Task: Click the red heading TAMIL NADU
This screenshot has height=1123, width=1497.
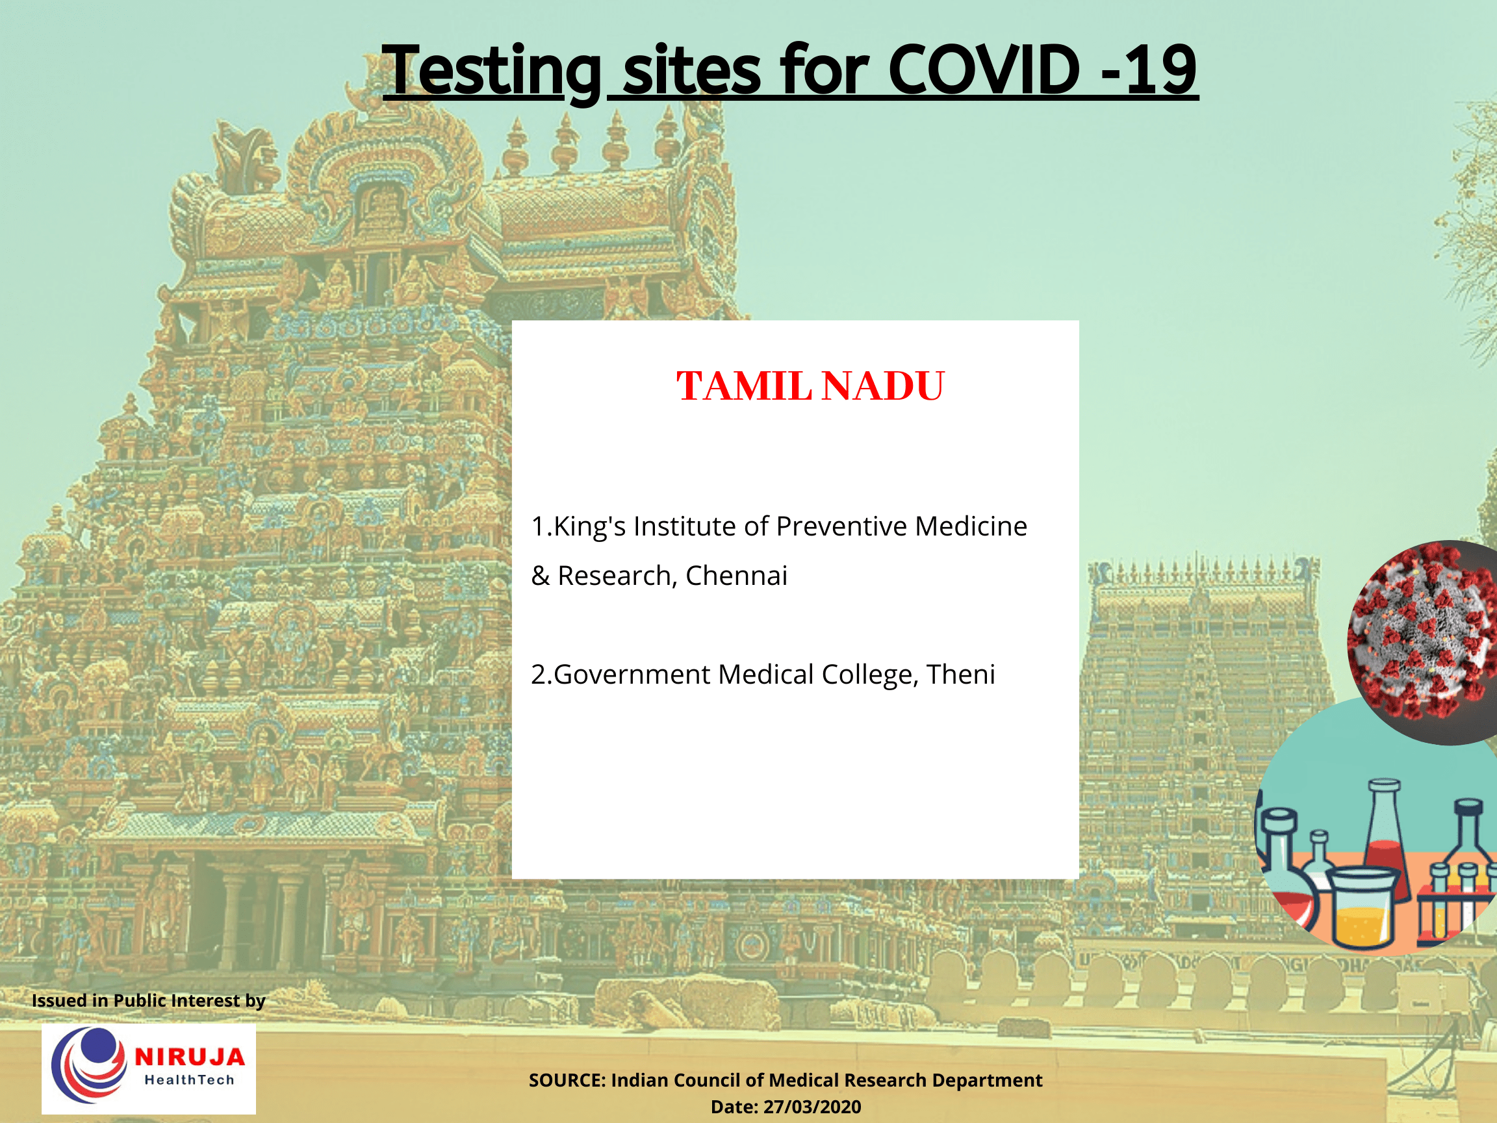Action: [x=810, y=387]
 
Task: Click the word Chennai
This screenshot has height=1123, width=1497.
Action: [x=736, y=576]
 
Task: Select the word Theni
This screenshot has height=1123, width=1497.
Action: [x=961, y=675]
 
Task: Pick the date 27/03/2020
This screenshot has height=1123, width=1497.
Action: [x=812, y=1107]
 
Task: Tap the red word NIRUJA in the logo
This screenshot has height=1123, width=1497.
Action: [x=190, y=1057]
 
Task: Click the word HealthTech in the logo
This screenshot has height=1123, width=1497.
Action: [x=190, y=1080]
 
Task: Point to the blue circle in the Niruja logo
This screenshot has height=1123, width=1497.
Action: [x=98, y=1046]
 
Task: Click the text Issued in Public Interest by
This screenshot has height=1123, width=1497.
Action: [x=148, y=1000]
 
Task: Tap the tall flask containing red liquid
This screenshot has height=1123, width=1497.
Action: [x=1385, y=840]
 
